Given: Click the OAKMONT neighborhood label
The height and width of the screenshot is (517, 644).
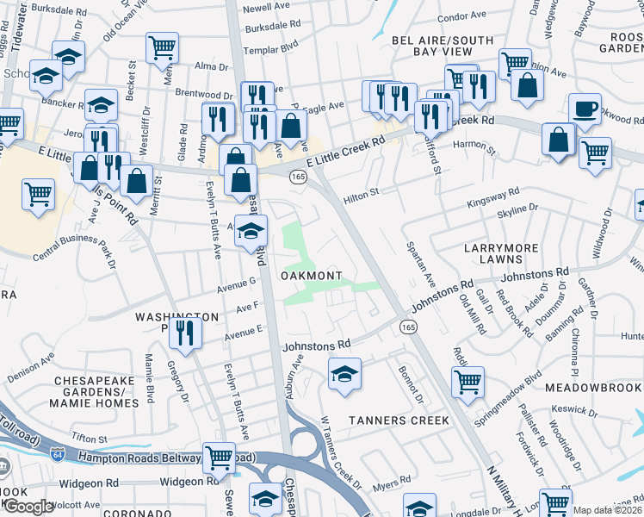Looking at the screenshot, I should point(313,276).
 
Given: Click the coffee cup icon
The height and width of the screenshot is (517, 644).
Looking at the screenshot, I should point(585,109).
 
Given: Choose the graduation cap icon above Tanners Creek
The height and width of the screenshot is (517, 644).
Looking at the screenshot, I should point(344,374).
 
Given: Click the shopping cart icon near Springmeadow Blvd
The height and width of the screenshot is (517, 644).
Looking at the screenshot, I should point(468,382).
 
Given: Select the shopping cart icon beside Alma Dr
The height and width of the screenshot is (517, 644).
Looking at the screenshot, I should point(162,48).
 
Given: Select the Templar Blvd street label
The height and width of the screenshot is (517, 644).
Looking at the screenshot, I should point(269,51).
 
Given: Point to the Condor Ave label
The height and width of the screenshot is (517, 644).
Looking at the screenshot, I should point(461,16).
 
